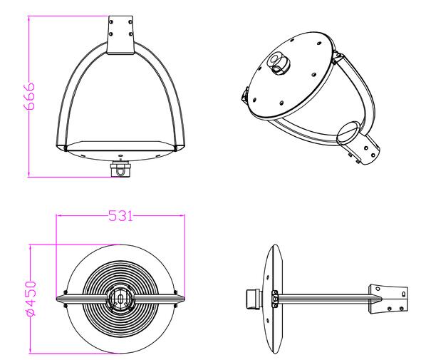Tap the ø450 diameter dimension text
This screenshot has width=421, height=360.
pos(30,297)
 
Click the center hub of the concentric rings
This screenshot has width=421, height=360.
pos(120,297)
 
